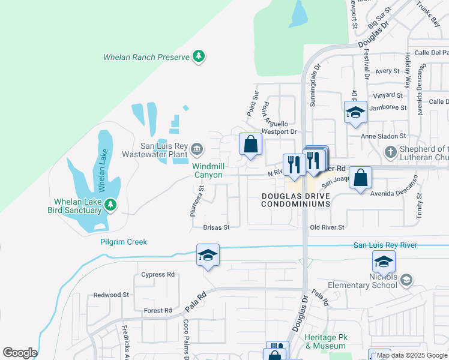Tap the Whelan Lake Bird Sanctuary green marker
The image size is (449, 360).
pyautogui.click(x=110, y=205)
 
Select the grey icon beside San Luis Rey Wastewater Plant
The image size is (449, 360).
pyautogui.click(x=196, y=148)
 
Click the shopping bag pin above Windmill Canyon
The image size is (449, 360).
pyautogui.click(x=250, y=145)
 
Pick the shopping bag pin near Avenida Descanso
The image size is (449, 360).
pyautogui.click(x=360, y=178)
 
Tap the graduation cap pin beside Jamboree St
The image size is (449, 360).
pyautogui.click(x=355, y=112)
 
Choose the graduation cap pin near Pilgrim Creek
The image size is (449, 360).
pyautogui.click(x=208, y=255)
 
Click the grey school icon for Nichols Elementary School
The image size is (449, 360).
pyautogui.click(x=406, y=280)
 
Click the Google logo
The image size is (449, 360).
pyautogui.click(x=20, y=353)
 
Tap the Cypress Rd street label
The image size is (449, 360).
pyautogui.click(x=158, y=274)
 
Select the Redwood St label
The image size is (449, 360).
pyautogui.click(x=112, y=295)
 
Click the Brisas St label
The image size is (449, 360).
pyautogui.click(x=217, y=227)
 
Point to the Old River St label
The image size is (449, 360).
pyautogui.click(x=327, y=227)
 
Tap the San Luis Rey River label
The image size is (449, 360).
pyautogui.click(x=385, y=245)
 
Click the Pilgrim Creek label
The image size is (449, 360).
pyautogui.click(x=124, y=242)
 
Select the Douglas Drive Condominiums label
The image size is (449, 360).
pyautogui.click(x=296, y=200)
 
